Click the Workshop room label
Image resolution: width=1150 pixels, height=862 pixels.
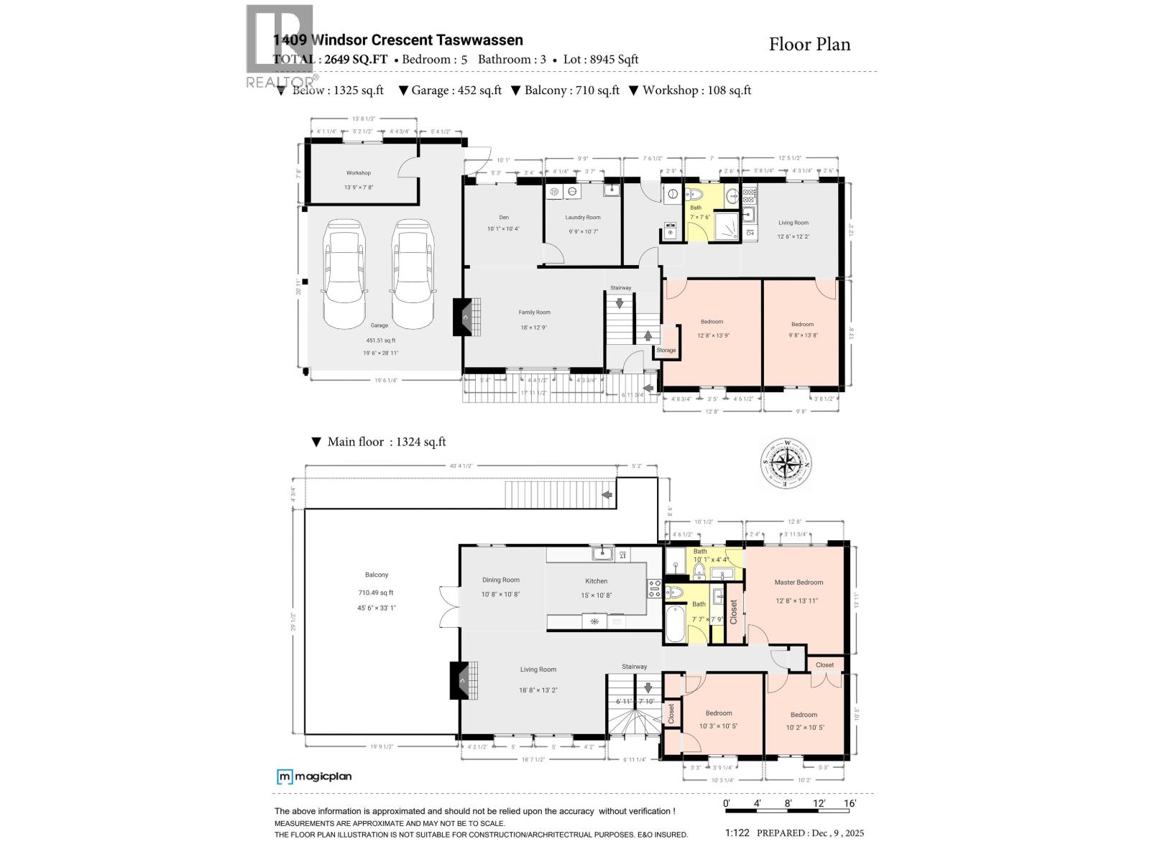(358, 173)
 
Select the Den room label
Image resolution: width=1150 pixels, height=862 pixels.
(504, 218)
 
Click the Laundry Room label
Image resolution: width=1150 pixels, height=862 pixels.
(583, 218)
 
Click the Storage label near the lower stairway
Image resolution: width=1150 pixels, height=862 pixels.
(666, 351)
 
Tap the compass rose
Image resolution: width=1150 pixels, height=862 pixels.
(787, 464)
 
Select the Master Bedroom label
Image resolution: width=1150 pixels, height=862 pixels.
(799, 583)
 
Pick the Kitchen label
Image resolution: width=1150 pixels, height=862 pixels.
(596, 581)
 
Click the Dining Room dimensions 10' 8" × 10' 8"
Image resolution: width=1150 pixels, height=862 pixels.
(500, 595)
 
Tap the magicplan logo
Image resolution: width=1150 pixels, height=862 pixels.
(314, 777)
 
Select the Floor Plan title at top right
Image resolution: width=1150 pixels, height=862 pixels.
(809, 45)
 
